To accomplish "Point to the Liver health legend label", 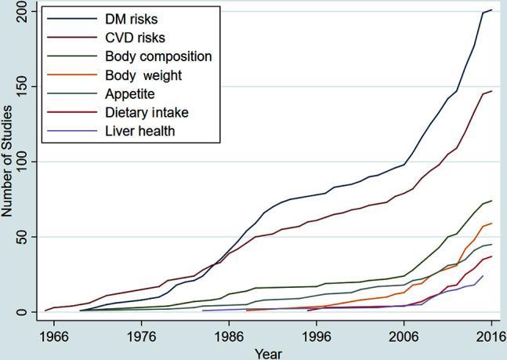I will coord(138,131).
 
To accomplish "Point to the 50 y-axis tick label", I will coord(27,237).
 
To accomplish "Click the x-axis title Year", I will coord(272,352).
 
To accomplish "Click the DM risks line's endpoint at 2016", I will coord(491,10).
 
